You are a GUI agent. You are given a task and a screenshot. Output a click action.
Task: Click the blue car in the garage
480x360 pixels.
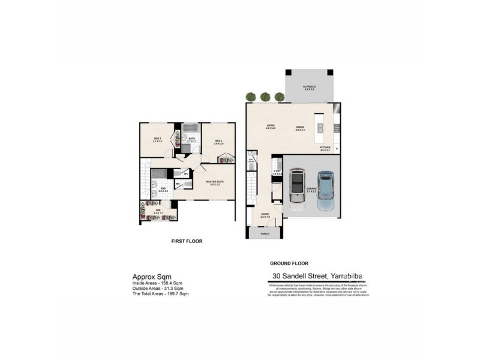coord(325,191)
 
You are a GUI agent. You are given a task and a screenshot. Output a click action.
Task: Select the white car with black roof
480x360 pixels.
coord(297,187)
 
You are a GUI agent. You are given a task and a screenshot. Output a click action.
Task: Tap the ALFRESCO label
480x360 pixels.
coord(309,87)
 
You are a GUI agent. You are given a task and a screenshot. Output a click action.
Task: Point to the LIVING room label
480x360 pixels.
coord(270,127)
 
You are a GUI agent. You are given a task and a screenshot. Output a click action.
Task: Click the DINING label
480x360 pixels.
coord(301,127)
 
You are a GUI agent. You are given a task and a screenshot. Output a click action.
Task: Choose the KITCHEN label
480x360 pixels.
coord(325,148)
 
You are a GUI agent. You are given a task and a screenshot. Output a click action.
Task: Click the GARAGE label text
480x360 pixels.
coord(311,188)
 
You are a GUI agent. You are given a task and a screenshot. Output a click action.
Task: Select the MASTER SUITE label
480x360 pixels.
coord(214,182)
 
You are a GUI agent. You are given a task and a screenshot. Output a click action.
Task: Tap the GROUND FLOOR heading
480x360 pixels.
coord(289,263)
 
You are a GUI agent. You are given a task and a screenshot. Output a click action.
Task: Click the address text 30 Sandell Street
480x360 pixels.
coord(296,276)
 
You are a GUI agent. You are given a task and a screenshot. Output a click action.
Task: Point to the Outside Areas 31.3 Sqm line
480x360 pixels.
coord(158,288)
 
